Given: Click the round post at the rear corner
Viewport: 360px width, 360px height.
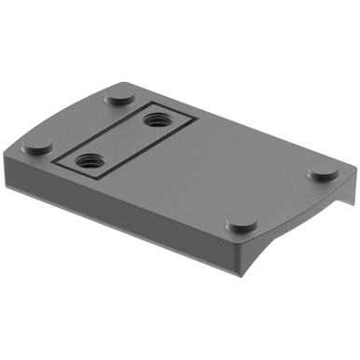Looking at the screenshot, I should [118, 96].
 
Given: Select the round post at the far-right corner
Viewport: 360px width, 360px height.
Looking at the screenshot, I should [323, 173].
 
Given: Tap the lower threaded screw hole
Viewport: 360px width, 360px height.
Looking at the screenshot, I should [90, 159].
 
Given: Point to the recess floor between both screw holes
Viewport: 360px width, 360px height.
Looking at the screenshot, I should [122, 139].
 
